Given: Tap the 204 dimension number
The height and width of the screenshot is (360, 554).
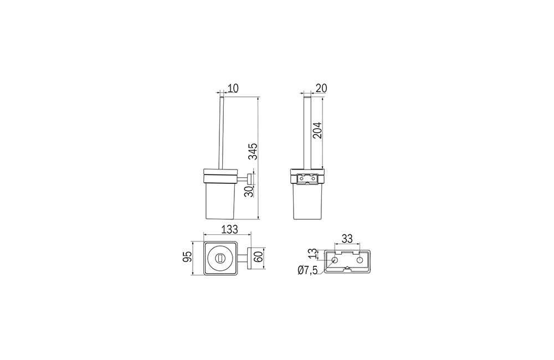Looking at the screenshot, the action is [x=317, y=130].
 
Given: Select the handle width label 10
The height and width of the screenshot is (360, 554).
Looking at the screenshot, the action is [x=233, y=88].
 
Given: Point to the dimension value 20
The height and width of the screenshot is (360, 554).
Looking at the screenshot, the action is [x=321, y=88].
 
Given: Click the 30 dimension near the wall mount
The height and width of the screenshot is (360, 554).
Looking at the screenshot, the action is [x=249, y=191].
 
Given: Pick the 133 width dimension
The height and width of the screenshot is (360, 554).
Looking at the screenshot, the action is [x=230, y=229].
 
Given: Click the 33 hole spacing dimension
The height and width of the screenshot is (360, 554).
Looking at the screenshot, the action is [x=347, y=239].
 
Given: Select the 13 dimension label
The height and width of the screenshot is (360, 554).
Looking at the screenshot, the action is [x=312, y=254].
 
